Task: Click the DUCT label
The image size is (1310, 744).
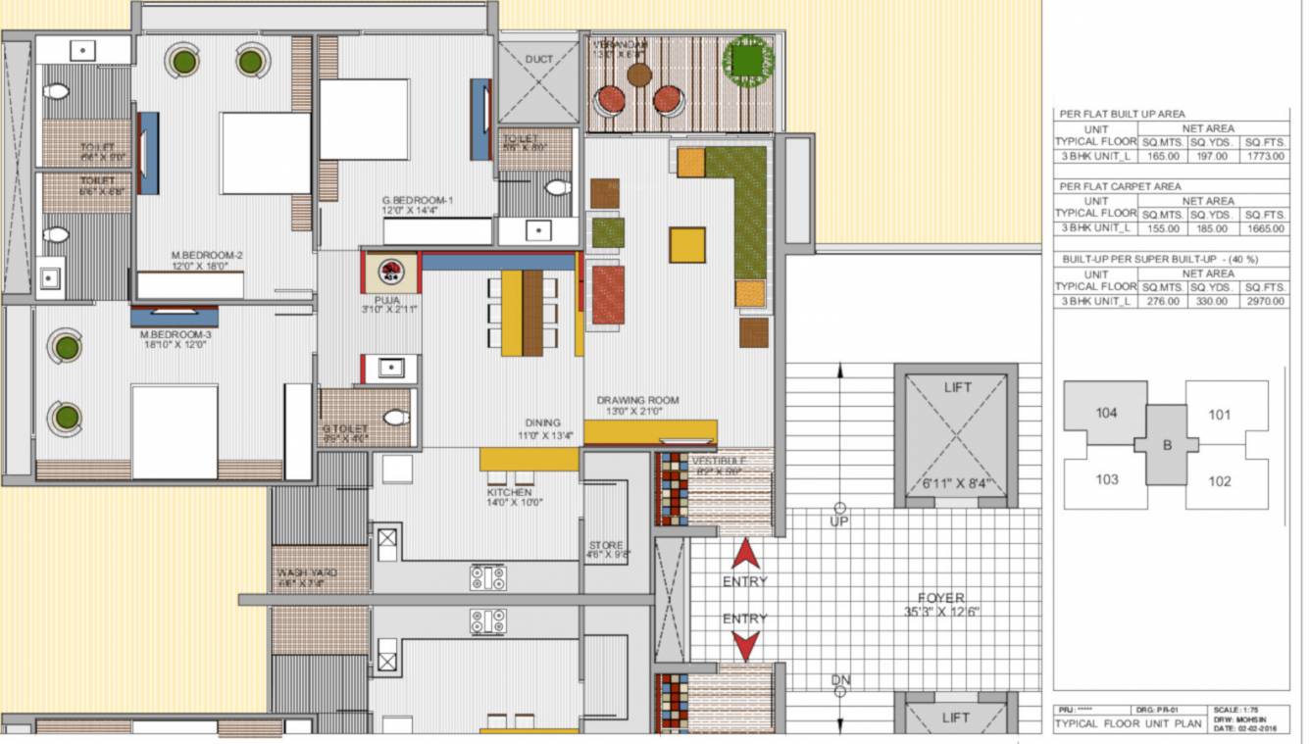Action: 539,60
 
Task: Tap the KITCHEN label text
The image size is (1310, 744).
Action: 510,492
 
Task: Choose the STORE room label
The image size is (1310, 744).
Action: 606,546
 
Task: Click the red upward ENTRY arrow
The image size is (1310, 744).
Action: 746,555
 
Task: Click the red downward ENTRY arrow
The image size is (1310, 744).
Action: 746,645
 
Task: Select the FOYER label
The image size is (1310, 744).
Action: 940,598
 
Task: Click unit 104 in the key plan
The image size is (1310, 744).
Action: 1106,413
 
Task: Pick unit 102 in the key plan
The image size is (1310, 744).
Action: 1219,481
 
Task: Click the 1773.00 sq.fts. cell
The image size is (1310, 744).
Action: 1266,156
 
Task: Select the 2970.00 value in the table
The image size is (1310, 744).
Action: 1266,301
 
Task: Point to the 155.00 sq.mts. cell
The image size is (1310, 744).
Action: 1163,228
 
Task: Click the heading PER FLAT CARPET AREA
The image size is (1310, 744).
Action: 1119,186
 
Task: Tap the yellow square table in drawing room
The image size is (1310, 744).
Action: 687,245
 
